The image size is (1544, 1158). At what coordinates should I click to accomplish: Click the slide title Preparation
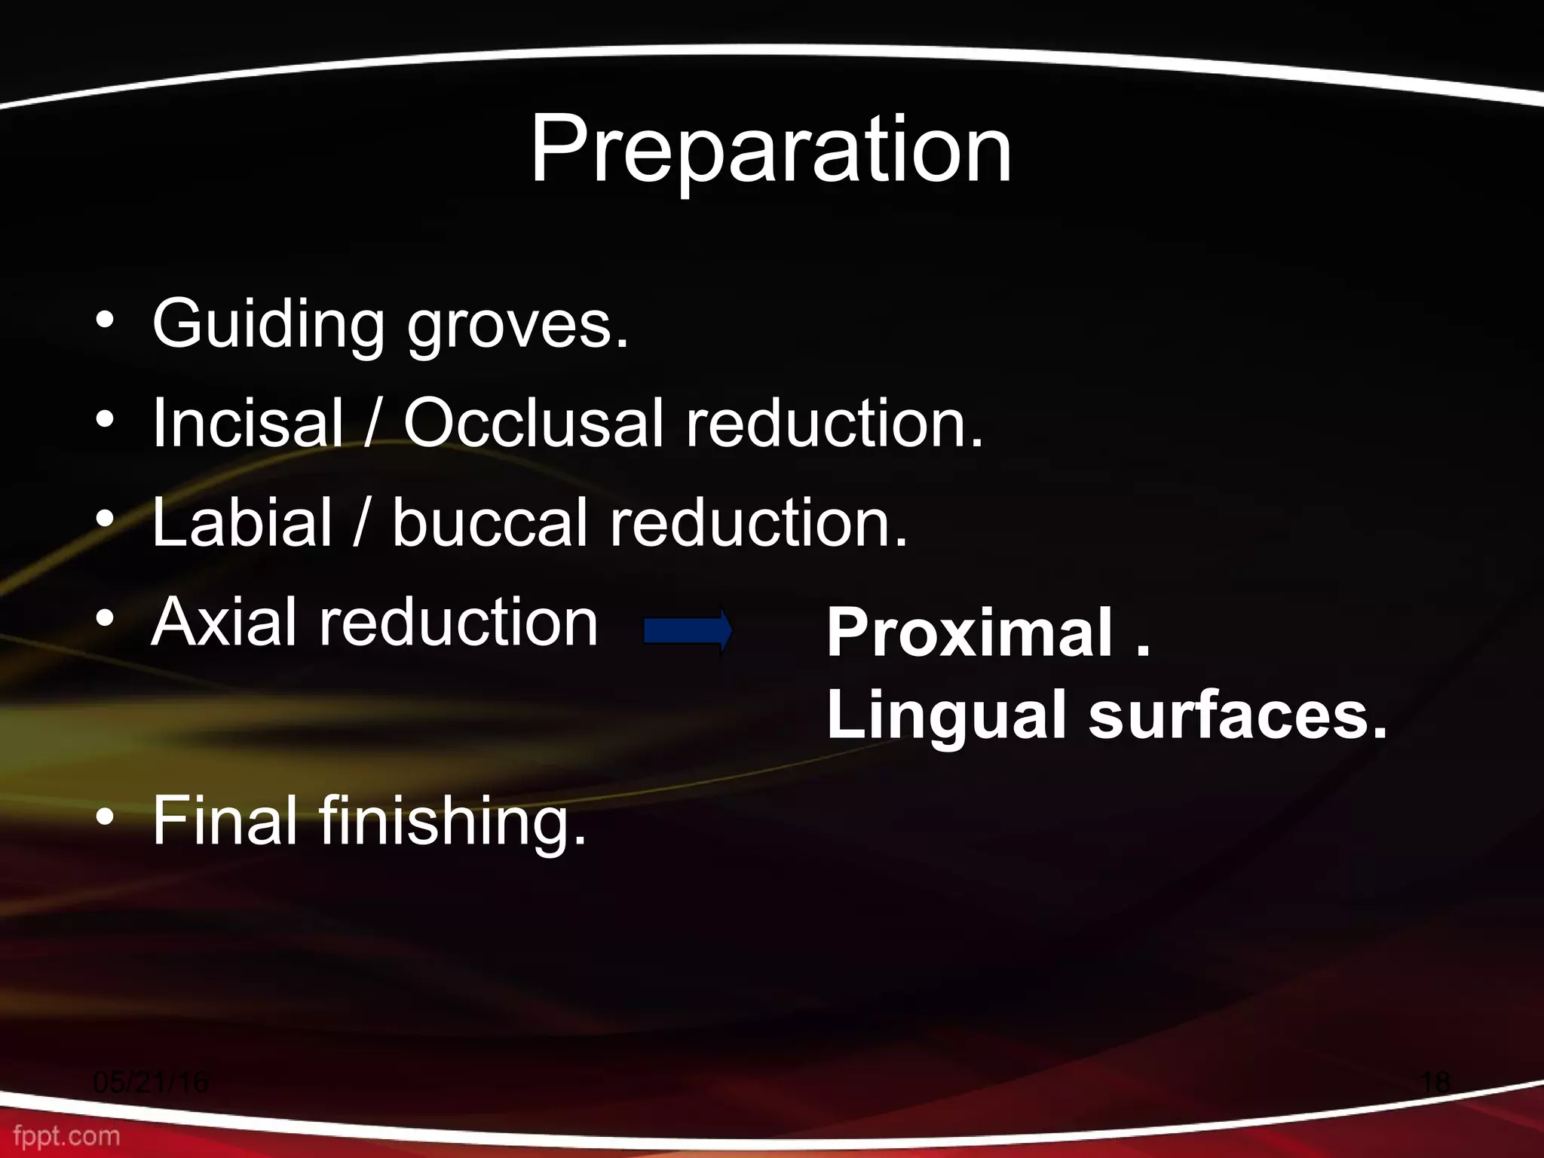[770, 151]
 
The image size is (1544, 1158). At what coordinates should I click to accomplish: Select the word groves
[517, 326]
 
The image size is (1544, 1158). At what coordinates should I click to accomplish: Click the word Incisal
[247, 423]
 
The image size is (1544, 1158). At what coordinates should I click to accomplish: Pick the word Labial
[241, 522]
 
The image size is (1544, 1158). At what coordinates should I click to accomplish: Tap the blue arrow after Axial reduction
[687, 630]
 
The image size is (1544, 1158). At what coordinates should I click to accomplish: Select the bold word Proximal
[969, 633]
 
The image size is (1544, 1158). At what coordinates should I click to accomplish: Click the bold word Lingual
[946, 716]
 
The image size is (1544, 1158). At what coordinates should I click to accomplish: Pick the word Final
[225, 821]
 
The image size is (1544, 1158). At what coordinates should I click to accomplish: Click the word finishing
[452, 823]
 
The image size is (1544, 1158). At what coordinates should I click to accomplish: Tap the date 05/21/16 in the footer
[151, 1082]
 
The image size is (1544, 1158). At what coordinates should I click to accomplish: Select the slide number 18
[1435, 1082]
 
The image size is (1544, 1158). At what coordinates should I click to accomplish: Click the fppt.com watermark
[66, 1136]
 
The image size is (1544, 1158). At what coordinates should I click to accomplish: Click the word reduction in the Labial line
[758, 522]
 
